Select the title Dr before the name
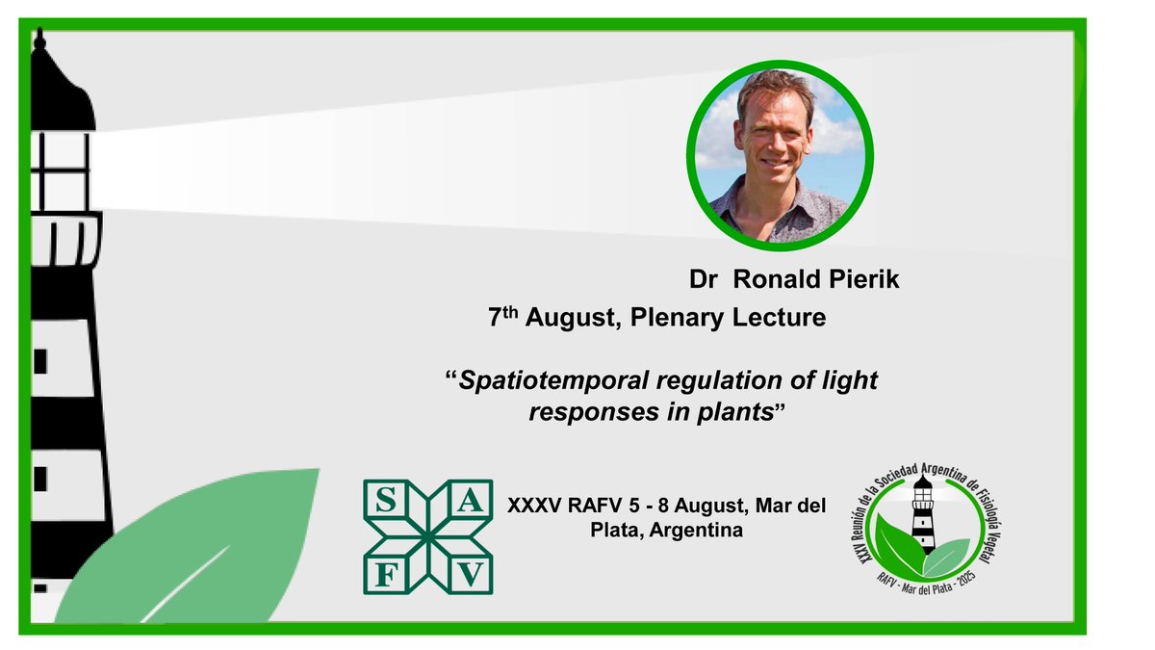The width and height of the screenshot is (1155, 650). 703,280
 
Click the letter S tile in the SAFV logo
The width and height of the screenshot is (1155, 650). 383,499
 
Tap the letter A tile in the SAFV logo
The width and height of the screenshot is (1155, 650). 473,499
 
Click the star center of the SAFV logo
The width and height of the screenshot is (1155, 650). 427,536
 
